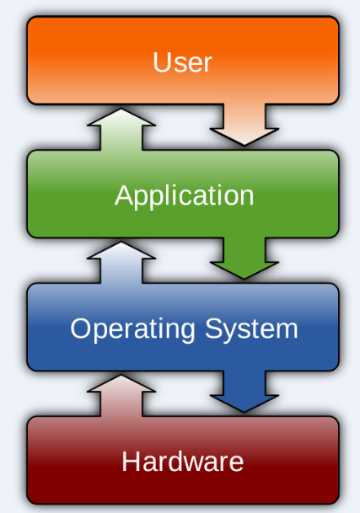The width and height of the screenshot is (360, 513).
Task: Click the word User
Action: (182, 62)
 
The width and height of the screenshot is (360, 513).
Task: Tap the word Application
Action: (184, 195)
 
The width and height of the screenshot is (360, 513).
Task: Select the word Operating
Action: (124, 329)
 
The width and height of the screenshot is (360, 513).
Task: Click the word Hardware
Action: (182, 462)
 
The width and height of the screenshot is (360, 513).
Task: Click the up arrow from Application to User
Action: (121, 128)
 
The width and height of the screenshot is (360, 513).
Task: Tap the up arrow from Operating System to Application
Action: (121, 261)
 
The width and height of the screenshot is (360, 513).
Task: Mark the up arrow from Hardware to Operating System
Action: (121, 394)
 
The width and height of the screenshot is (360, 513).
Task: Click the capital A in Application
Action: (123, 195)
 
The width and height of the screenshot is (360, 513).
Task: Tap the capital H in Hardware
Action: (131, 462)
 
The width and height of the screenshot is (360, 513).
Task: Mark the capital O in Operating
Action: (80, 328)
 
